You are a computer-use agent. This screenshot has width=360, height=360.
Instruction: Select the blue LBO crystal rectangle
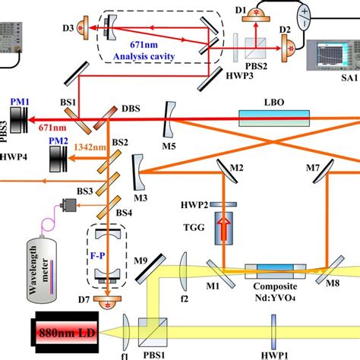click(x=282, y=118)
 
